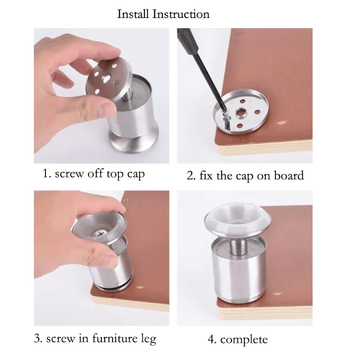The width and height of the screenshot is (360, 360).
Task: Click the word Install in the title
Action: point(133,14)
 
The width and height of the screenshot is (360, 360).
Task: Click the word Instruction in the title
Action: point(181,14)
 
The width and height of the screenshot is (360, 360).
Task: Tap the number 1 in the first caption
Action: point(45,174)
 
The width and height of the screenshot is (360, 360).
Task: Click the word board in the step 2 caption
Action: point(289,175)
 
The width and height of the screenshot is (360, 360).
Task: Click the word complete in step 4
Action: point(244,340)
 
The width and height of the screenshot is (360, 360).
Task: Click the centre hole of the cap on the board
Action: point(241,112)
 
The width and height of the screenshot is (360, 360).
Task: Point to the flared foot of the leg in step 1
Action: point(133,142)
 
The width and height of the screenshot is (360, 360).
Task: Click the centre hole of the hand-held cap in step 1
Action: point(106,79)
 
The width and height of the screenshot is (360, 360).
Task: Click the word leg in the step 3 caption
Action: point(148,339)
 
